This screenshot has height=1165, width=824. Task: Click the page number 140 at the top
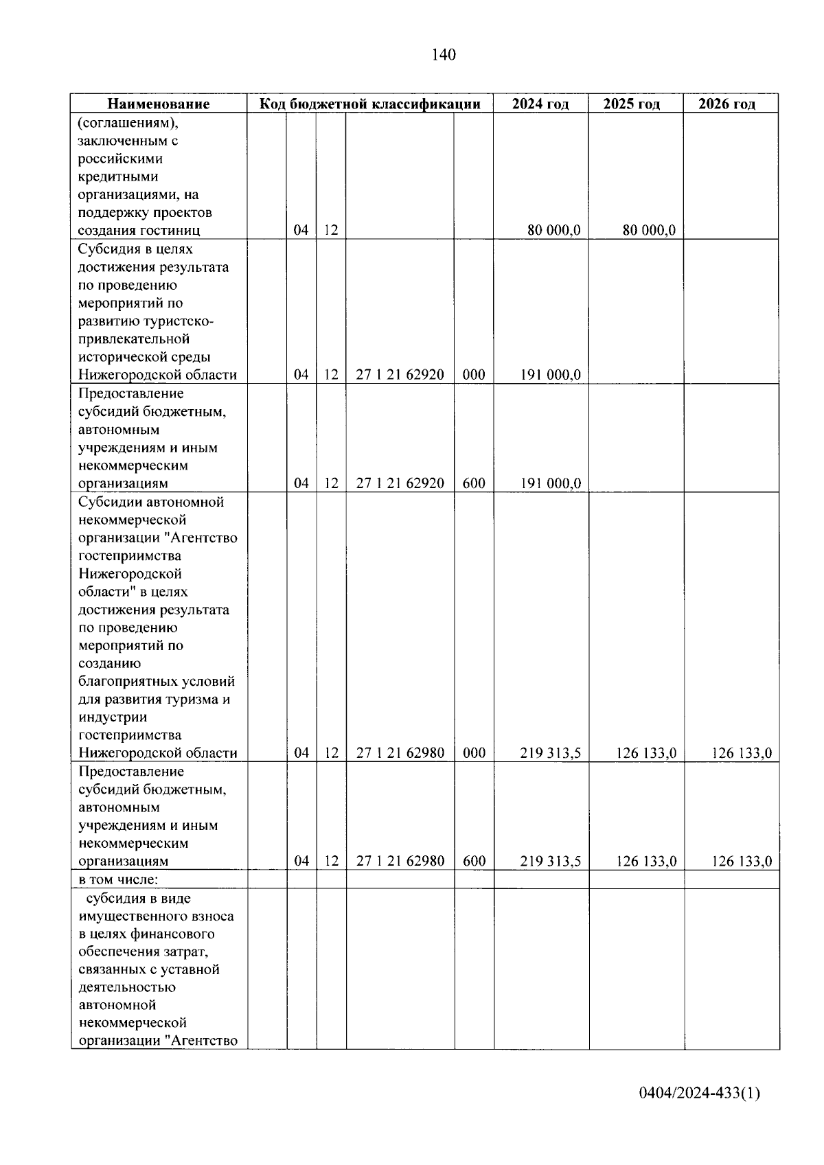click(x=444, y=55)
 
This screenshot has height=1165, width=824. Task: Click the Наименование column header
click(x=159, y=104)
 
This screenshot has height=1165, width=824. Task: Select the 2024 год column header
click(x=540, y=104)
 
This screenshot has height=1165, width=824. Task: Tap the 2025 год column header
click(x=632, y=104)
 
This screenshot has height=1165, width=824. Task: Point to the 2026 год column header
click(x=726, y=104)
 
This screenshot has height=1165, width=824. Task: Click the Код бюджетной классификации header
click(x=369, y=104)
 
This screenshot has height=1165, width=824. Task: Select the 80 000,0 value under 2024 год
click(x=553, y=231)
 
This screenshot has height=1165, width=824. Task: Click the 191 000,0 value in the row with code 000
click(x=550, y=375)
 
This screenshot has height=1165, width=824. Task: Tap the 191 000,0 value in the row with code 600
click(x=550, y=483)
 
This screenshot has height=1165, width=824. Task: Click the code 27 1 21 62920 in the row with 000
click(x=400, y=375)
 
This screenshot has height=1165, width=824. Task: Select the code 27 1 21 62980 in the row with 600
click(x=400, y=861)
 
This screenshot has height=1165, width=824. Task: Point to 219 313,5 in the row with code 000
click(x=550, y=753)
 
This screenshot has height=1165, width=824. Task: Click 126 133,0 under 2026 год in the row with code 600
click(x=742, y=861)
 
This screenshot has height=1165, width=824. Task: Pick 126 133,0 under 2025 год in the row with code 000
click(x=646, y=753)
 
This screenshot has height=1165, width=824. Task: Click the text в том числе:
click(x=119, y=879)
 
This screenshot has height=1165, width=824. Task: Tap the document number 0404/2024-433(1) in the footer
click(x=699, y=1092)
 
